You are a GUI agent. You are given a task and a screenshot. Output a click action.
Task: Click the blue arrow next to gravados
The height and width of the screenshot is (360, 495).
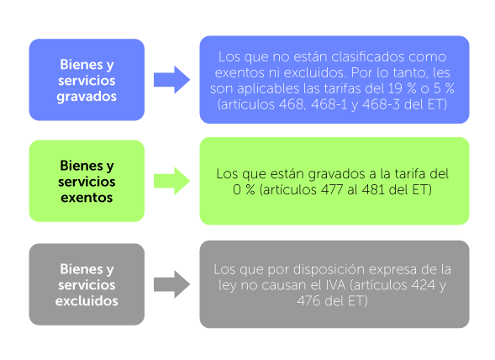pos(171,81)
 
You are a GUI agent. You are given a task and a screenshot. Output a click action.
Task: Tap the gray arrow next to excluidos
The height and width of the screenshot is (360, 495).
pos(171,283)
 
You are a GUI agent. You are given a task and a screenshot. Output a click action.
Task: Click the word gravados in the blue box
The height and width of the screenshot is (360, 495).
pos(87,96)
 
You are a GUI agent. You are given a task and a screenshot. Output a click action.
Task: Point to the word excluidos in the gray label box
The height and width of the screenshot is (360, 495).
pos(87,299)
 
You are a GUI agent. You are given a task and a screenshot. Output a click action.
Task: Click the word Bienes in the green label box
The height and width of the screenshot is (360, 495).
pos(87,166)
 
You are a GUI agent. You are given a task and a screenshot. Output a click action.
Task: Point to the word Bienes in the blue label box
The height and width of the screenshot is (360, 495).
pos(87,65)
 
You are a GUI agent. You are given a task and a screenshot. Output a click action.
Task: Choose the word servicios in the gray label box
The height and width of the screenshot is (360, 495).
pos(87,283)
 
